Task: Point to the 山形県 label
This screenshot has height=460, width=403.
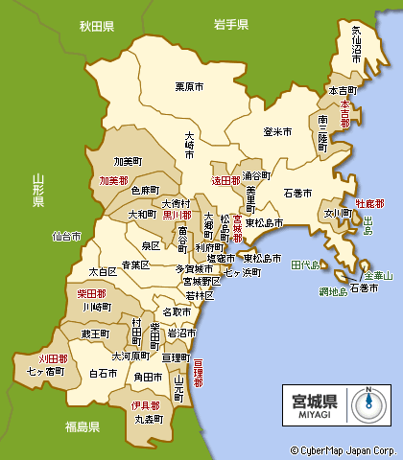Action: [38, 191]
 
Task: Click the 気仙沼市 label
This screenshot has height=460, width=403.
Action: [356, 43]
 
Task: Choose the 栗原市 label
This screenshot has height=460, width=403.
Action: [189, 87]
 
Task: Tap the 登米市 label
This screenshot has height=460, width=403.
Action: [278, 131]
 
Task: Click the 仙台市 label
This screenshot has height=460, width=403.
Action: [67, 235]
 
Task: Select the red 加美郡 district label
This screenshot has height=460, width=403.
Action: [113, 180]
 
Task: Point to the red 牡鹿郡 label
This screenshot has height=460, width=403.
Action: [368, 204]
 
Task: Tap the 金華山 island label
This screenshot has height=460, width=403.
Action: [377, 275]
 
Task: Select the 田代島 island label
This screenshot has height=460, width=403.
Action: [306, 264]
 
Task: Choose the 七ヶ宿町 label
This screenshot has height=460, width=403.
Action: [46, 369]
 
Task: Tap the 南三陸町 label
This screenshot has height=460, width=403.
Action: [322, 132]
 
